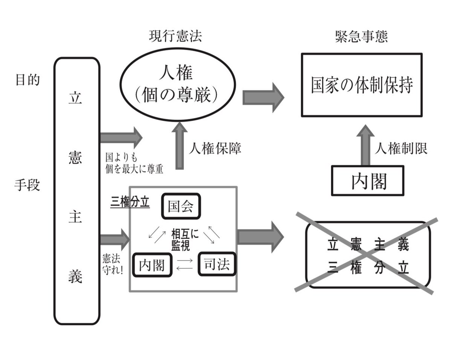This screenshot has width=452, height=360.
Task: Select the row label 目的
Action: coord(27,80)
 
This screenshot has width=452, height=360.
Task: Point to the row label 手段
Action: coord(27,185)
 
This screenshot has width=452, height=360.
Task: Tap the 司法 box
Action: coord(217,264)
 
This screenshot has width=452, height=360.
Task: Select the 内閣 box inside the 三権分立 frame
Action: coord(152,265)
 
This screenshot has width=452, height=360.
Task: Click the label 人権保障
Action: coord(215,149)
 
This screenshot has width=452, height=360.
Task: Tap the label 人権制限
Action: coord(401,149)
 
